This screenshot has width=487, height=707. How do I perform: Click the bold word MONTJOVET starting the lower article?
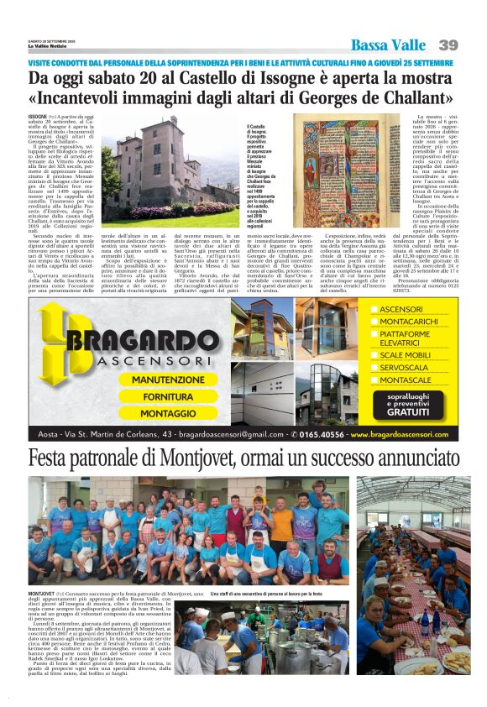42,594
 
